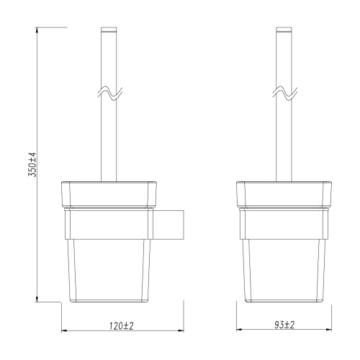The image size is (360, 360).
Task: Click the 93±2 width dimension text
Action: coord(284,325)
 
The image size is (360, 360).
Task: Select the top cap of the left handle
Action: coord(109,31)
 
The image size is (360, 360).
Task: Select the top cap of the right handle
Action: coord(284,31)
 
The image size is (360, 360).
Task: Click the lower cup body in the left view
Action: coord(109,270)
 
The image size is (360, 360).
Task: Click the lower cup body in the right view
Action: coord(284,270)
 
